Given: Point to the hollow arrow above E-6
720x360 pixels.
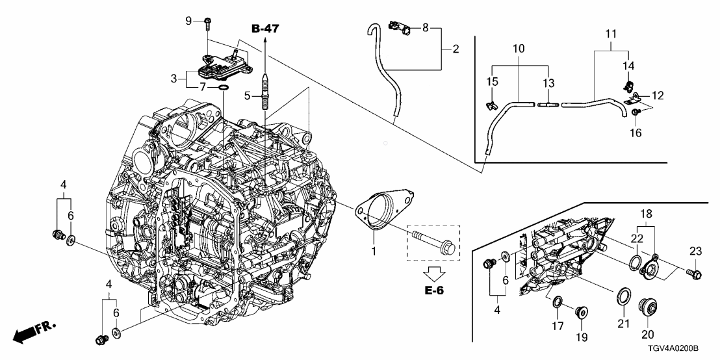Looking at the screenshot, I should pos(431,270).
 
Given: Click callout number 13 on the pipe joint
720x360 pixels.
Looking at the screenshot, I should pos(549,84).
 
